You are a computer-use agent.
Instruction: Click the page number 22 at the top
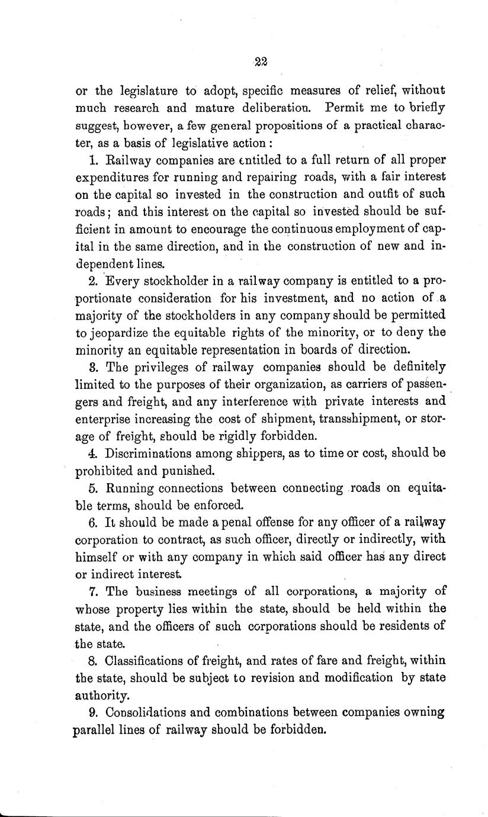(260, 61)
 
